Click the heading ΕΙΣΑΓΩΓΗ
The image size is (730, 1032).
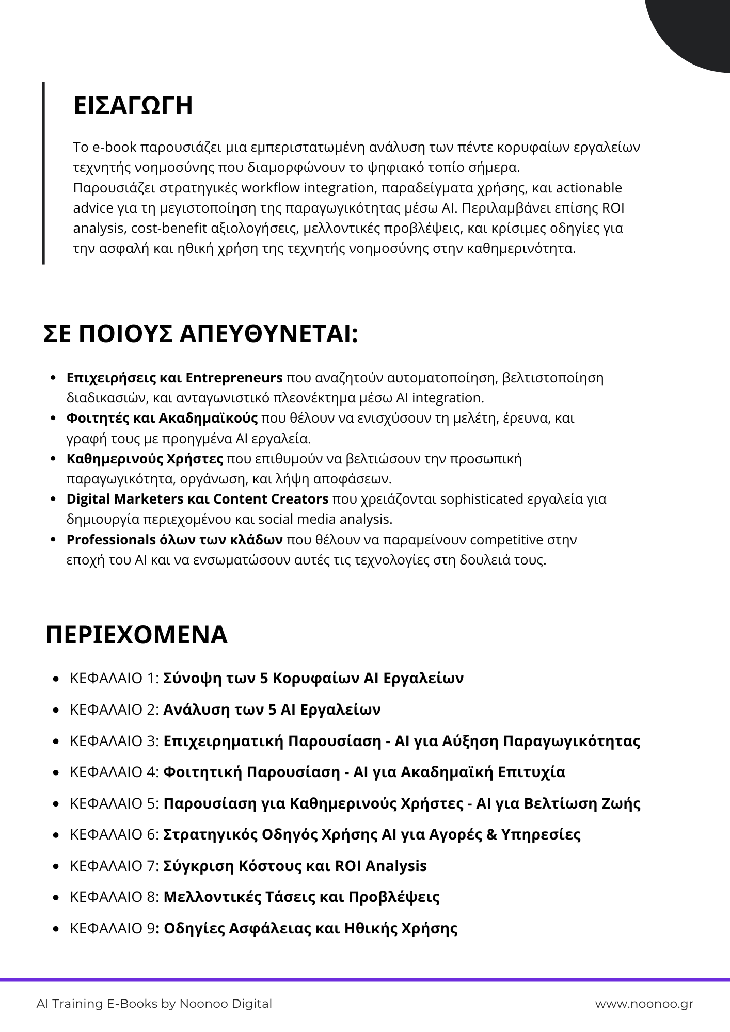[133, 105]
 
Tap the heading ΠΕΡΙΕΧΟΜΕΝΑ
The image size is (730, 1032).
[136, 635]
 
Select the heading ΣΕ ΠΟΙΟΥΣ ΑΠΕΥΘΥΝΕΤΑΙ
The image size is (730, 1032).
[200, 334]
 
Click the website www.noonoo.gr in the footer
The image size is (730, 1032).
[644, 1004]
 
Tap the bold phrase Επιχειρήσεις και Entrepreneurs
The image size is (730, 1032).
[174, 378]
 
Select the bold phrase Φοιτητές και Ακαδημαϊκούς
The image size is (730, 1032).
[162, 418]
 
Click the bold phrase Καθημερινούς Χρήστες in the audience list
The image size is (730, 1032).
[145, 459]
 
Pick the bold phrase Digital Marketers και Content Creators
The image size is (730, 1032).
[197, 499]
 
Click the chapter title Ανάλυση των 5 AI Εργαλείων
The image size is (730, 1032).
[272, 709]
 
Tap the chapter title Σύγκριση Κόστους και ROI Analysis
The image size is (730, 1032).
[295, 866]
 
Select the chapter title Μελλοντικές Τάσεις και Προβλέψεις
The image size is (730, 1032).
[301, 897]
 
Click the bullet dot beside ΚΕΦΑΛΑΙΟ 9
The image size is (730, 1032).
[56, 929]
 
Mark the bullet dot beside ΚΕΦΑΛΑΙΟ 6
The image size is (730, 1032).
[56, 835]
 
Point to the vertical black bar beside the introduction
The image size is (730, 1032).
[43, 173]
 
